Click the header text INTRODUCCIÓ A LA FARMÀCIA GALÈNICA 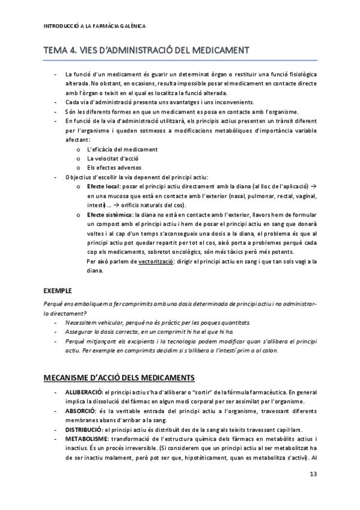click(95, 26)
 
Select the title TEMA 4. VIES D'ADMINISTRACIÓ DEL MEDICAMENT click(147, 51)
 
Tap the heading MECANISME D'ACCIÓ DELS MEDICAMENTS click(120, 378)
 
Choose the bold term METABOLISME click(85, 440)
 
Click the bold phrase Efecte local click(108, 186)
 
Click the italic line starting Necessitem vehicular click(157, 322)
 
